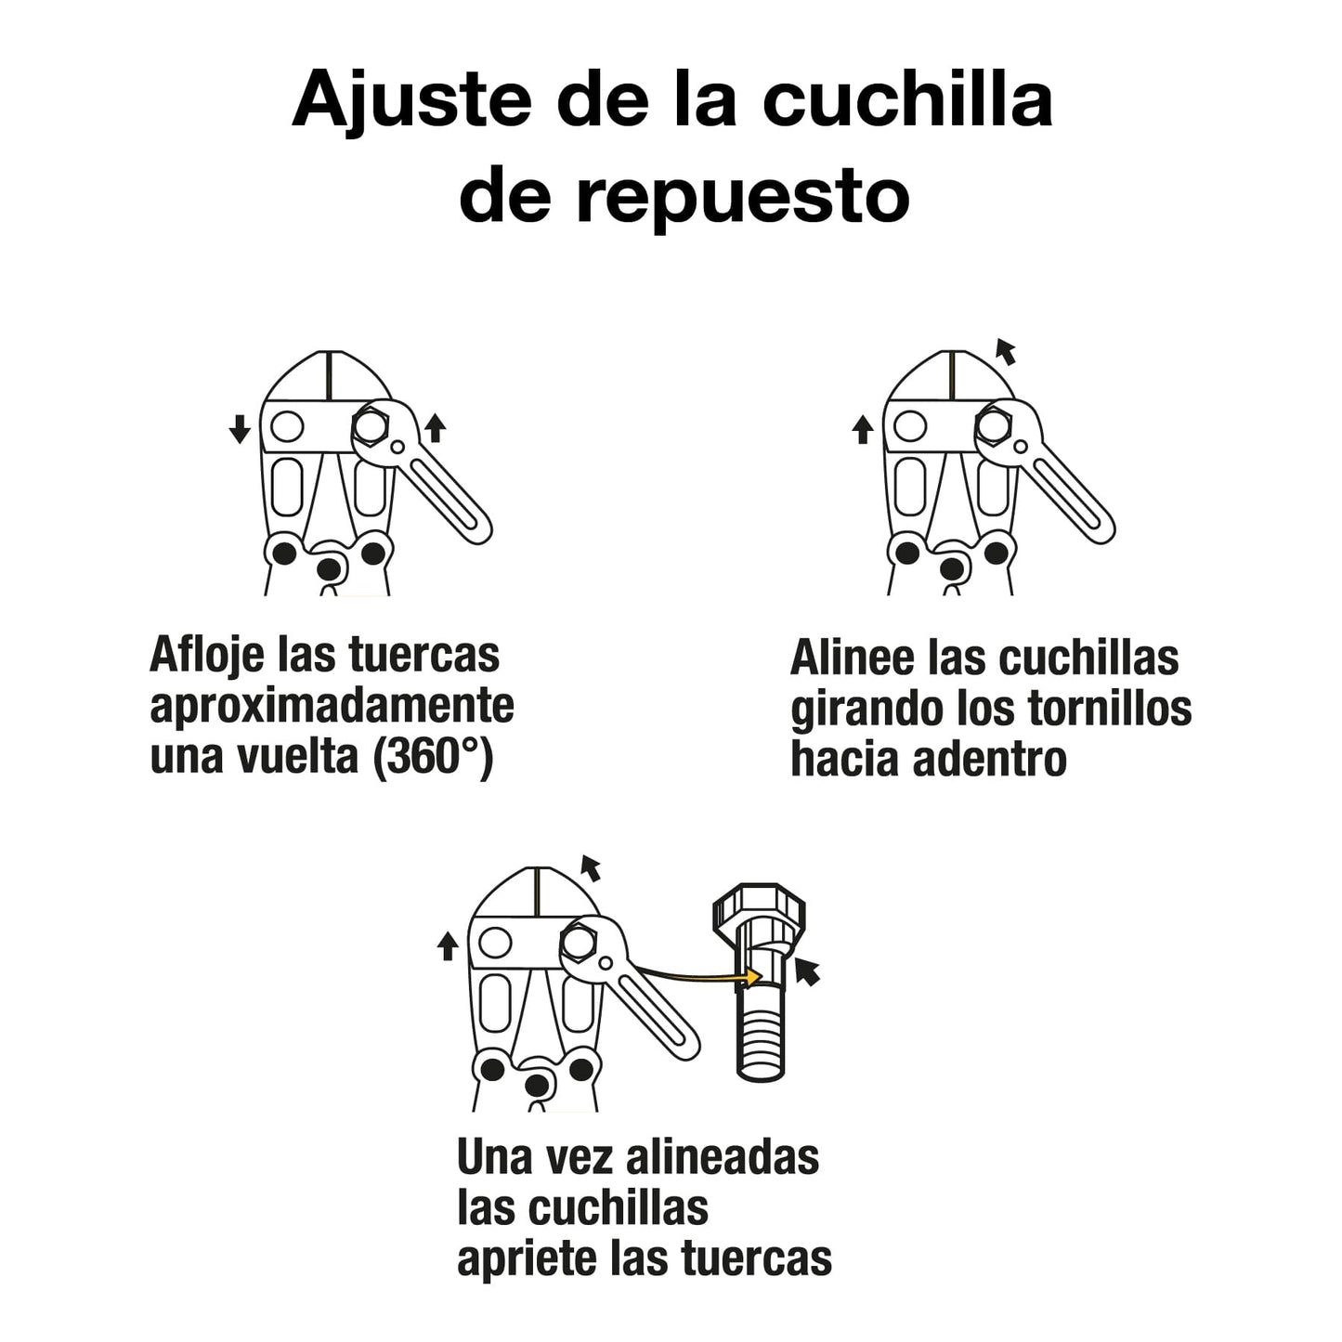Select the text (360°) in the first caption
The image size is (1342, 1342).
point(433,757)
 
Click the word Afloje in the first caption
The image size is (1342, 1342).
point(206,657)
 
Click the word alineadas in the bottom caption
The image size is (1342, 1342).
point(723,1158)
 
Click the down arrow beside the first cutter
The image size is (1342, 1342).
point(240,429)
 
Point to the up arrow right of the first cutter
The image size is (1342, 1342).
point(435,428)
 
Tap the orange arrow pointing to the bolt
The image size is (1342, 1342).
point(697,975)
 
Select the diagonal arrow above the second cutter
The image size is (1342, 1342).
point(1005,351)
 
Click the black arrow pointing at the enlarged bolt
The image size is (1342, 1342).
point(807,972)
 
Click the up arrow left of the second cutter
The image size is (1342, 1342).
point(862,429)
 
